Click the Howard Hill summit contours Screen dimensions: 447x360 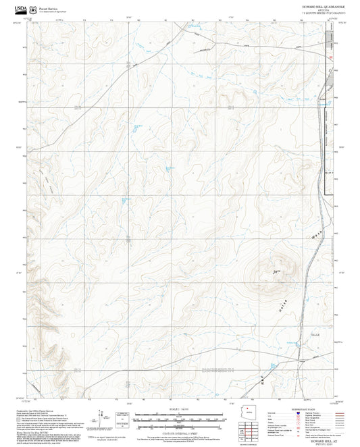[279, 269]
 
